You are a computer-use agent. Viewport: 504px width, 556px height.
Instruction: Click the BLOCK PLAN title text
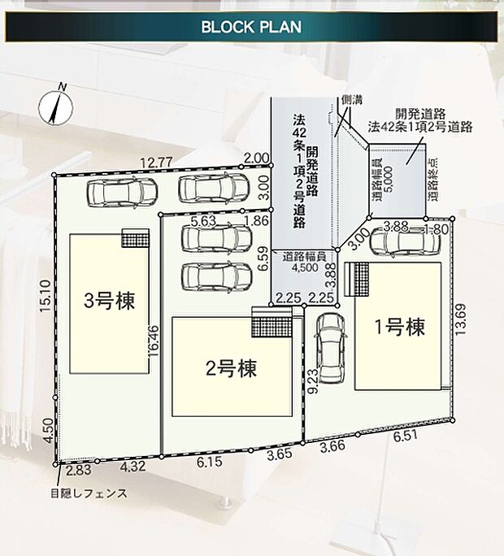coord(251,26)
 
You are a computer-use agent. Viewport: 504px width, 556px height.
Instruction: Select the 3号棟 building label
coord(110,301)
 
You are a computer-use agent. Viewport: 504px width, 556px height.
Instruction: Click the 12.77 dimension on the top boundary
coord(155,162)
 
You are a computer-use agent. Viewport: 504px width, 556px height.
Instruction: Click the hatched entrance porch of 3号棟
coord(136,237)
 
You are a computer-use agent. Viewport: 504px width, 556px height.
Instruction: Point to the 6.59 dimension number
coord(262,258)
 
